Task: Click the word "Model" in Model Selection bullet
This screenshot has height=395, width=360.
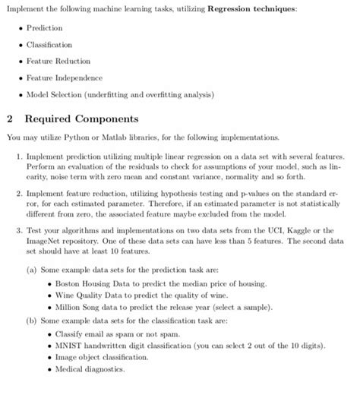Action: (x=37, y=96)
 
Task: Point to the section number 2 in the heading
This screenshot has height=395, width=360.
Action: (x=8, y=120)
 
